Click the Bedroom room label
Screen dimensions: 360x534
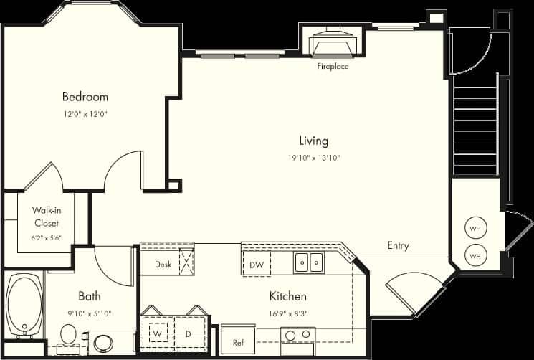click(x=85, y=97)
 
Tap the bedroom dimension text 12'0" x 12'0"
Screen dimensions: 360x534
click(x=85, y=113)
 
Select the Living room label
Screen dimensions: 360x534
click(x=313, y=141)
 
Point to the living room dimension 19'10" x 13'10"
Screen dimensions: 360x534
click(x=313, y=158)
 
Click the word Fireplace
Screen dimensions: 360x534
click(x=333, y=67)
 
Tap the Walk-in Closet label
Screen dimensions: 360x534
click(x=46, y=216)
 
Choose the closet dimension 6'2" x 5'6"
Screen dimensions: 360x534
click(x=46, y=237)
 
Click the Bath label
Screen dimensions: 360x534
click(x=90, y=295)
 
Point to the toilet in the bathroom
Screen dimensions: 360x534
click(x=69, y=334)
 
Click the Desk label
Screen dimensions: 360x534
click(x=163, y=265)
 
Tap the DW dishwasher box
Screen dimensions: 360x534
click(x=256, y=265)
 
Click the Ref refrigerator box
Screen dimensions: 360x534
click(x=239, y=341)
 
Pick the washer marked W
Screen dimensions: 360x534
click(x=156, y=333)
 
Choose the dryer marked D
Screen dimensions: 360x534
click(x=187, y=333)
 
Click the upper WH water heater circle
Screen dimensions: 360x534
click(x=475, y=229)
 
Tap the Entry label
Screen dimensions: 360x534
click(x=398, y=245)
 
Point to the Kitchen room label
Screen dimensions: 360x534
click(x=287, y=295)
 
